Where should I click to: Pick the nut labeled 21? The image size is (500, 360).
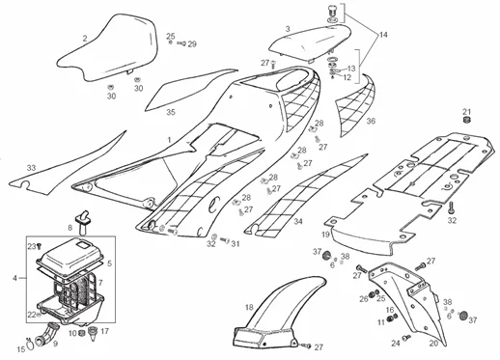(466, 122)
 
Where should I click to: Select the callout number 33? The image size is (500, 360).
(32, 168)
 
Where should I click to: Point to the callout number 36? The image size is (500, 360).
(371, 122)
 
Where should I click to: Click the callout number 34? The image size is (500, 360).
(297, 221)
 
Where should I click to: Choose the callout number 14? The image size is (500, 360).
(384, 35)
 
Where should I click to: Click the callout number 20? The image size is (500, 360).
(433, 342)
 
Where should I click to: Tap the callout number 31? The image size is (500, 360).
(235, 244)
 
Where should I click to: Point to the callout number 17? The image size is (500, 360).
(105, 331)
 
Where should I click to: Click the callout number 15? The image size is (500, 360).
(22, 347)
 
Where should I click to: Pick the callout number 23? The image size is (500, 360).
(29, 247)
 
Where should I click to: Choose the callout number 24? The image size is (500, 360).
(395, 342)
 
